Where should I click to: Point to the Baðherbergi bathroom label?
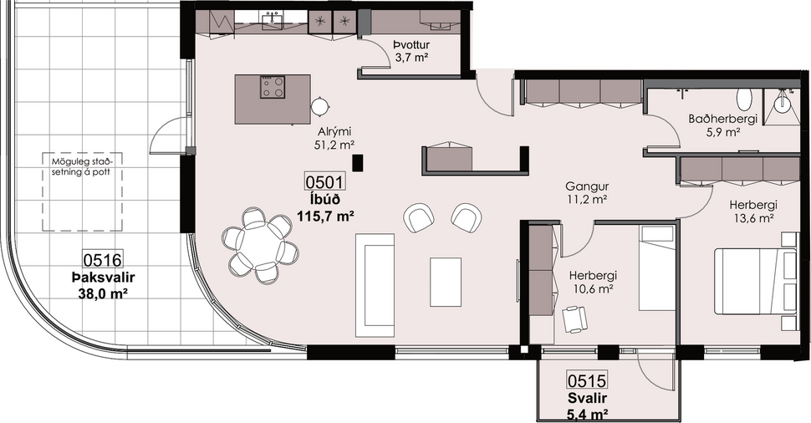click(723, 119)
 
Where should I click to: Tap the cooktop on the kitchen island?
click(273, 87)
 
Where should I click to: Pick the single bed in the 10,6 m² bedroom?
click(657, 268)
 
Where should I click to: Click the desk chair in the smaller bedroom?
click(576, 318)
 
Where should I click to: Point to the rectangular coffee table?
click(446, 282)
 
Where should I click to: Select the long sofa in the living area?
click(375, 284)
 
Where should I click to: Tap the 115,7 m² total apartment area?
click(325, 215)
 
